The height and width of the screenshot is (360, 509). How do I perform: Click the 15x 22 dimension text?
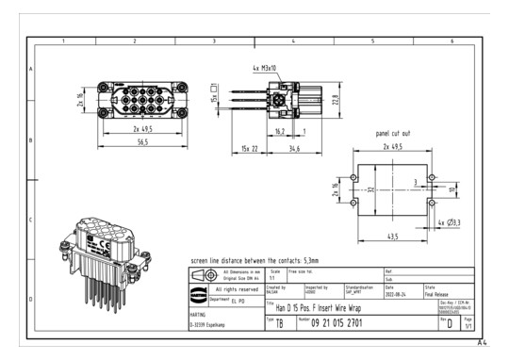[x=248, y=149]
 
